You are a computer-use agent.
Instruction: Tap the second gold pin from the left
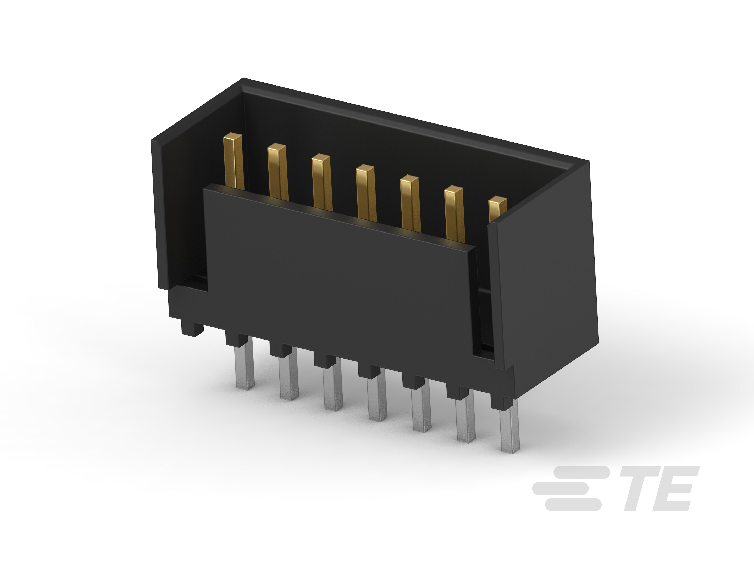278,172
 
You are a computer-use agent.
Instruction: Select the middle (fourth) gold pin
366,193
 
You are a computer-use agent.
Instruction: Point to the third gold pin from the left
321,182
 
